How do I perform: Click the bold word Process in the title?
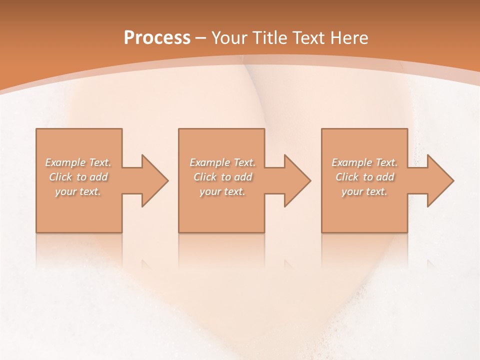pos(157,38)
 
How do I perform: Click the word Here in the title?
pos(350,38)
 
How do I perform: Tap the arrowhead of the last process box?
pos(439,180)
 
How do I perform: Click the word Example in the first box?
pos(65,162)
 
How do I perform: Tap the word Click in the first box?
pos(61,177)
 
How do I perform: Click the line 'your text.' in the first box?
pos(78,191)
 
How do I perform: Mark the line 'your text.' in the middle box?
pos(222,191)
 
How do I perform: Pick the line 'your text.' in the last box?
pos(364,191)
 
